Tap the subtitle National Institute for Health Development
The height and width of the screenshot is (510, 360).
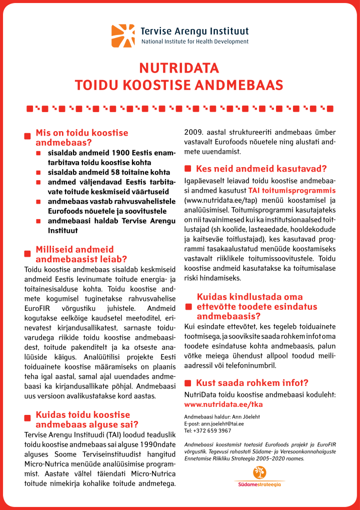(194, 42)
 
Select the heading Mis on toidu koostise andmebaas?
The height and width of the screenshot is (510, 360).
(81, 137)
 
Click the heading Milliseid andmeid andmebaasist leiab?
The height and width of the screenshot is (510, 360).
(81, 254)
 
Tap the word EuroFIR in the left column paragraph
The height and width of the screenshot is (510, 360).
(39, 308)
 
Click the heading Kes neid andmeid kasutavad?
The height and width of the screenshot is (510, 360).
(261, 169)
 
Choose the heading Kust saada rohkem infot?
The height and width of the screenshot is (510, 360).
(251, 383)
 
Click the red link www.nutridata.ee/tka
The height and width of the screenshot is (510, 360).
(223, 404)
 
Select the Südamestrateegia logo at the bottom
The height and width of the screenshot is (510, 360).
(258, 476)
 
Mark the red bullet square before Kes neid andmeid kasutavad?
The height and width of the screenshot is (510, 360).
(188, 169)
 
